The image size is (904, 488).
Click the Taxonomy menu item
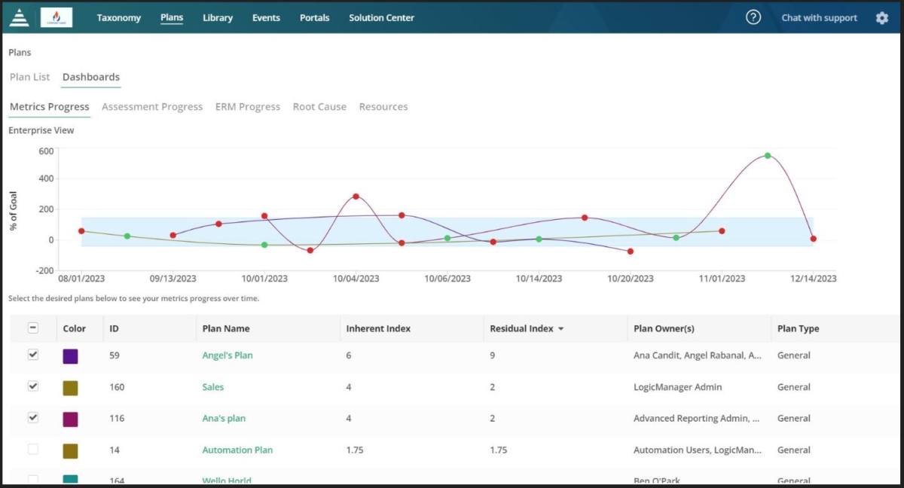pos(118,18)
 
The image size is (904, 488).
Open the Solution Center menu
pos(381,18)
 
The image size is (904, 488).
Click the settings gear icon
pos(882,18)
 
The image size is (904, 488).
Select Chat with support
pos(819,18)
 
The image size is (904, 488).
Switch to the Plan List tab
pos(30,77)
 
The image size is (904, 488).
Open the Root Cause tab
pos(319,107)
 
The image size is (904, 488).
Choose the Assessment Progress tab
pos(152,107)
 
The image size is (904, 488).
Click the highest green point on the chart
pos(768,156)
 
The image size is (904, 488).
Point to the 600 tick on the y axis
pos(46,151)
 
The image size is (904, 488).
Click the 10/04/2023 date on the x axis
pos(356,279)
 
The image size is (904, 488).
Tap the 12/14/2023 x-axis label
pos(813,279)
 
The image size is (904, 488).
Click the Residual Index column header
pos(521,328)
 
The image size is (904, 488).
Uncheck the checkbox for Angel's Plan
pos(33,355)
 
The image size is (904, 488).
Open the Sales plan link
pos(212,387)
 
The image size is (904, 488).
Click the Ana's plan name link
pos(224,419)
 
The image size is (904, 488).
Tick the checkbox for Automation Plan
pos(33,450)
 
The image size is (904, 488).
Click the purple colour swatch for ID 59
pos(70,356)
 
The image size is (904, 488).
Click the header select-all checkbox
pos(33,328)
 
